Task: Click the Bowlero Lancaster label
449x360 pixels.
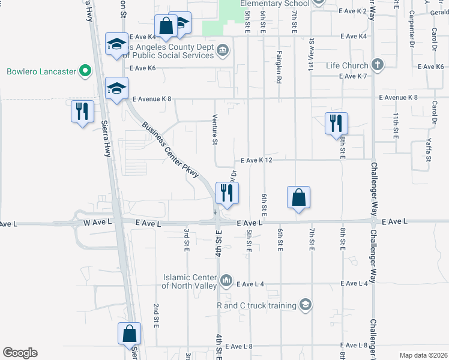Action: [x=41, y=71]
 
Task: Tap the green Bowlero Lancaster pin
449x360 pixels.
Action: [x=85, y=71]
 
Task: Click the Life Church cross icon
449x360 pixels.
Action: [x=377, y=64]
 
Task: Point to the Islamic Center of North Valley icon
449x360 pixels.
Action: [x=226, y=280]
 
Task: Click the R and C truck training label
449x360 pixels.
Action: [x=257, y=305]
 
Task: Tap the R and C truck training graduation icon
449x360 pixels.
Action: [x=306, y=305]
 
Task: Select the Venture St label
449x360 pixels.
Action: [x=215, y=130]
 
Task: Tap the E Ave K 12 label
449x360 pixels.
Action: [x=256, y=160]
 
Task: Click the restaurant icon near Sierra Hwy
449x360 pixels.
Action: [x=82, y=112]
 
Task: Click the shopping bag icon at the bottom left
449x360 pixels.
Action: [x=129, y=334]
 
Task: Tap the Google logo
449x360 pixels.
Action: [x=20, y=353]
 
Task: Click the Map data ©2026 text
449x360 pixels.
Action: [x=423, y=355]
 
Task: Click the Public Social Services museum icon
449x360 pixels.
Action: [x=222, y=49]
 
